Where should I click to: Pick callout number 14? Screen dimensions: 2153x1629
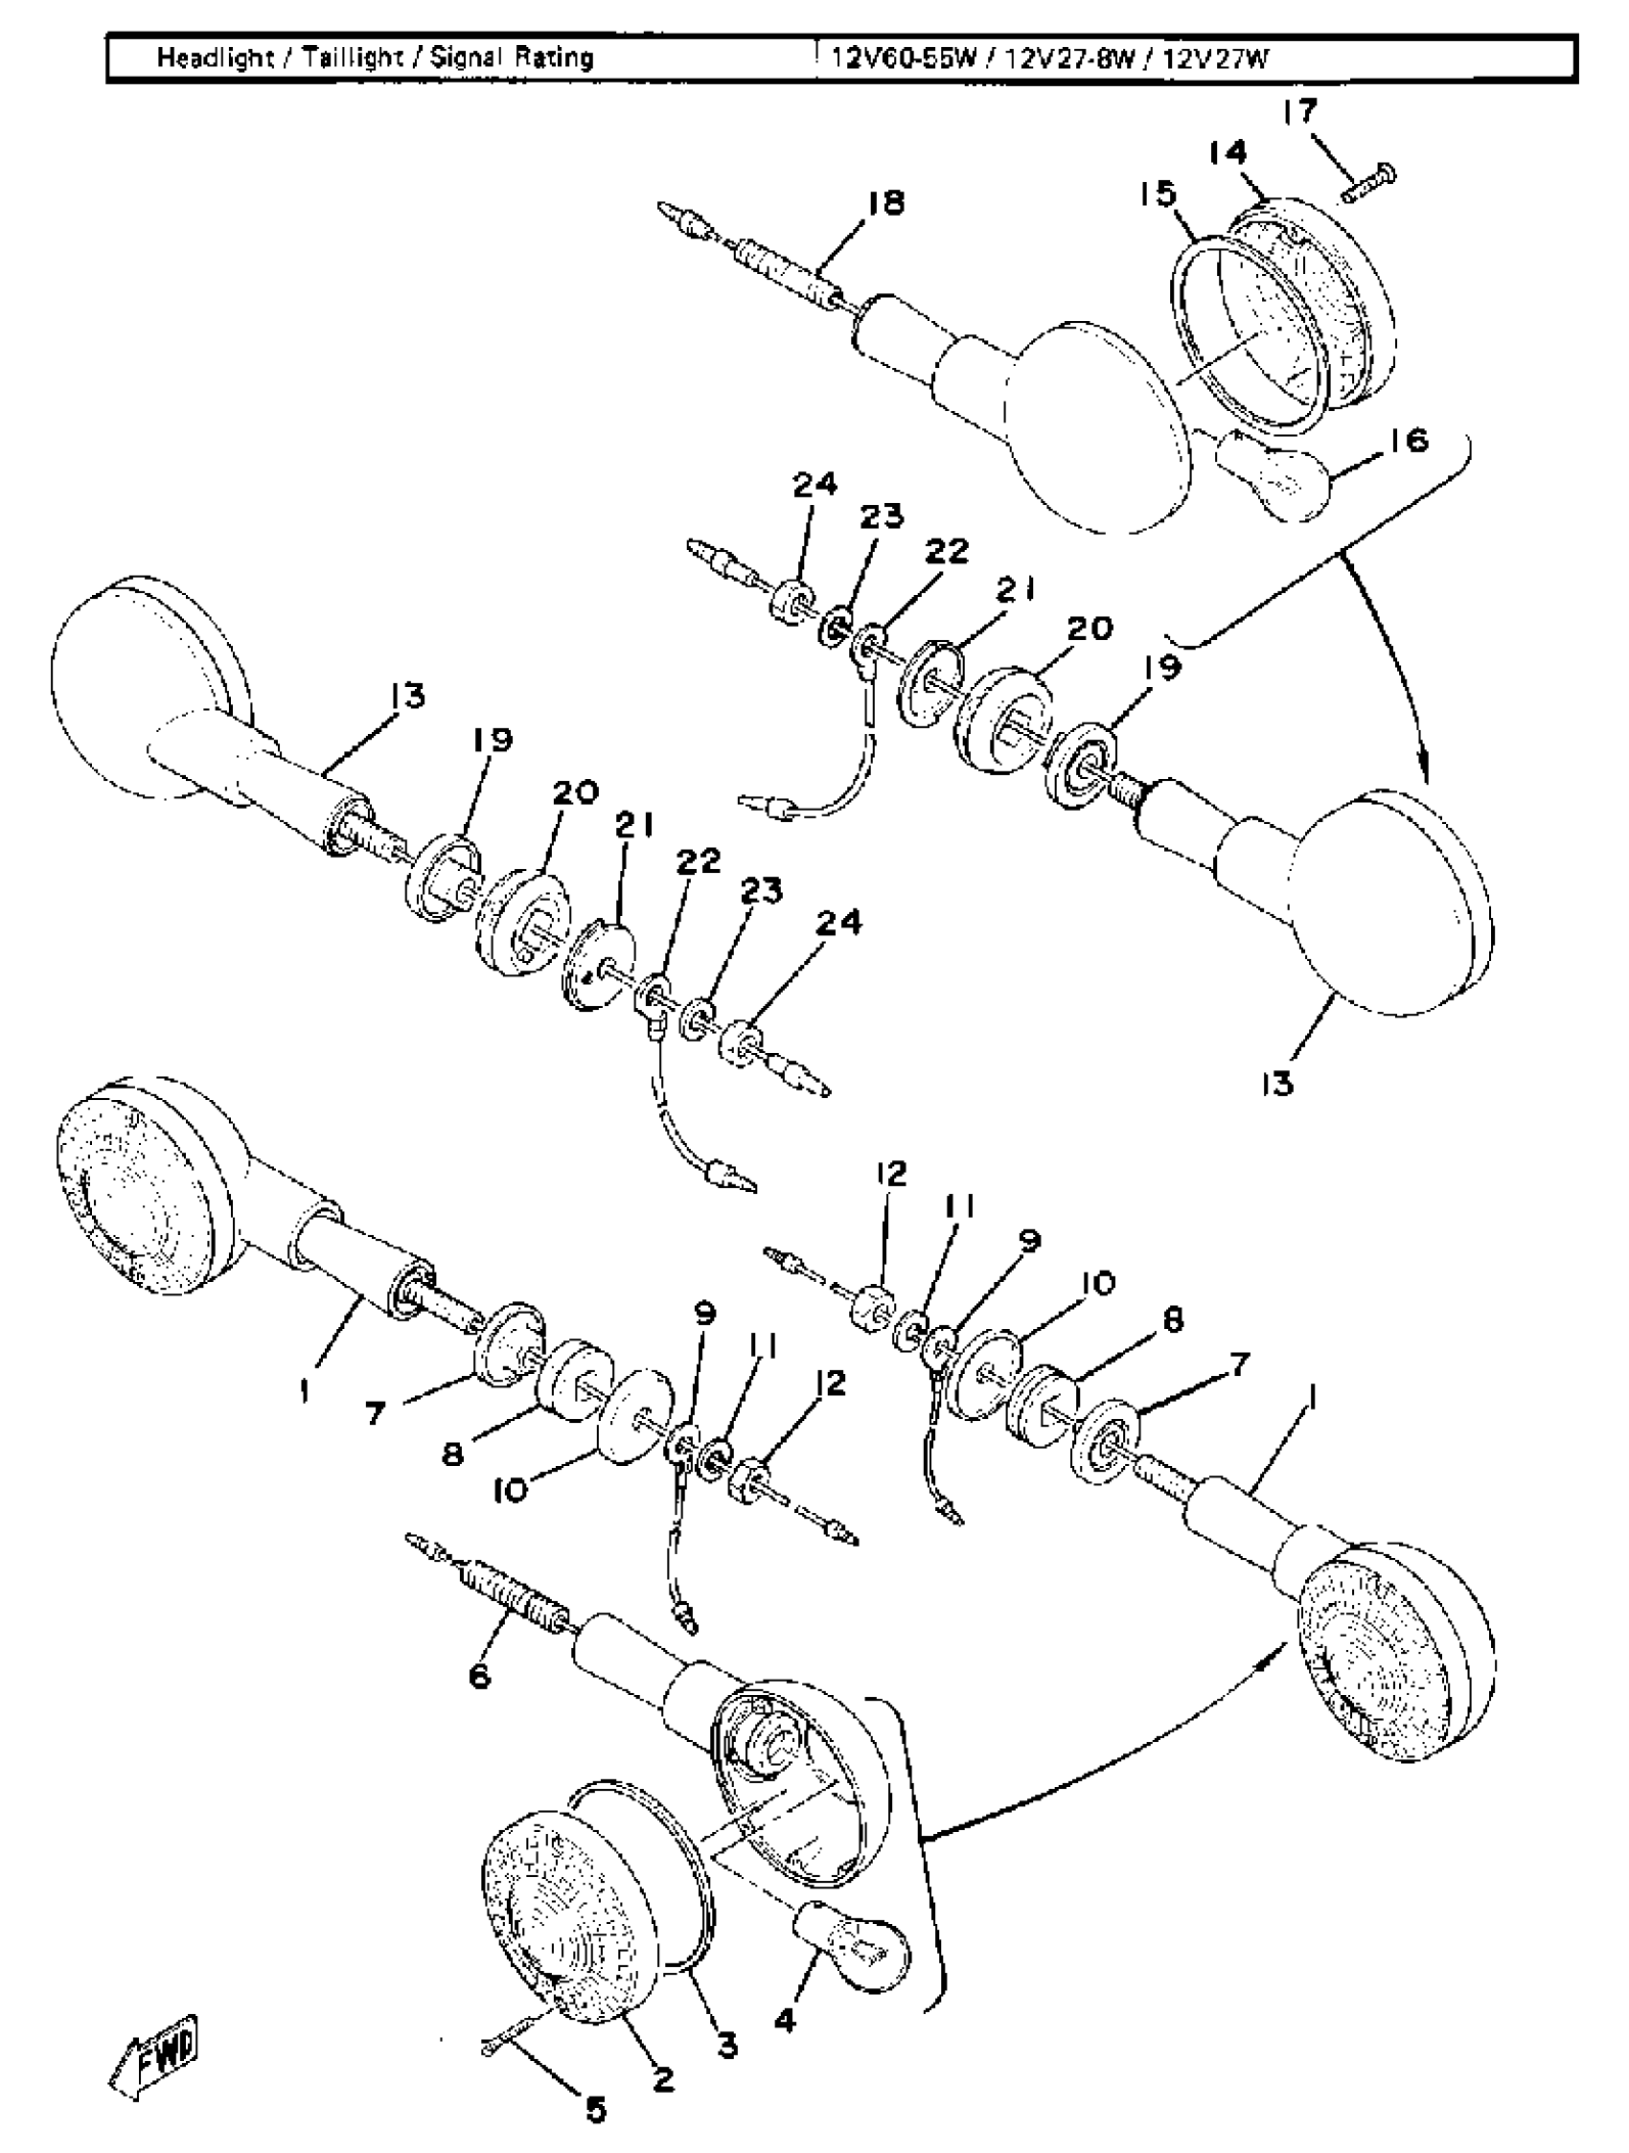1227,153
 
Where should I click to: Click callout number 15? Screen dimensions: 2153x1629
1159,195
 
